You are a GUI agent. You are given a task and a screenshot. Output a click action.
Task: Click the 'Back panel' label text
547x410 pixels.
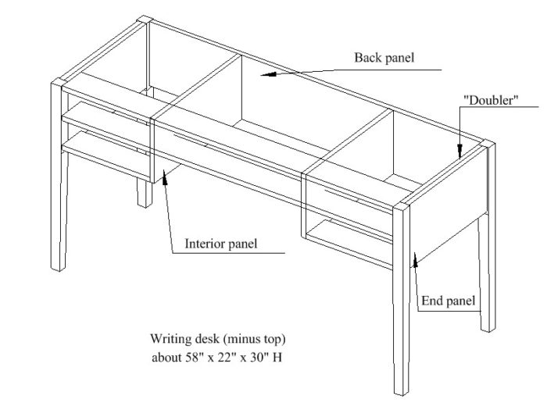(384, 58)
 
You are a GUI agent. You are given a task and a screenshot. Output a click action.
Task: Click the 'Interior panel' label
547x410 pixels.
(220, 243)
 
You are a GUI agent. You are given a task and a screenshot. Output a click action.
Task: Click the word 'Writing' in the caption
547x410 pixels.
(168, 340)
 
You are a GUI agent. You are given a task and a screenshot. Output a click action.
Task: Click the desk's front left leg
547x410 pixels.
(59, 195)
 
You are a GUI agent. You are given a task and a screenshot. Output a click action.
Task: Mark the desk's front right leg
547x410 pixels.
(401, 312)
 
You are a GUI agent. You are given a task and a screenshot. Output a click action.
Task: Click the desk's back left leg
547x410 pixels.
(145, 191)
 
